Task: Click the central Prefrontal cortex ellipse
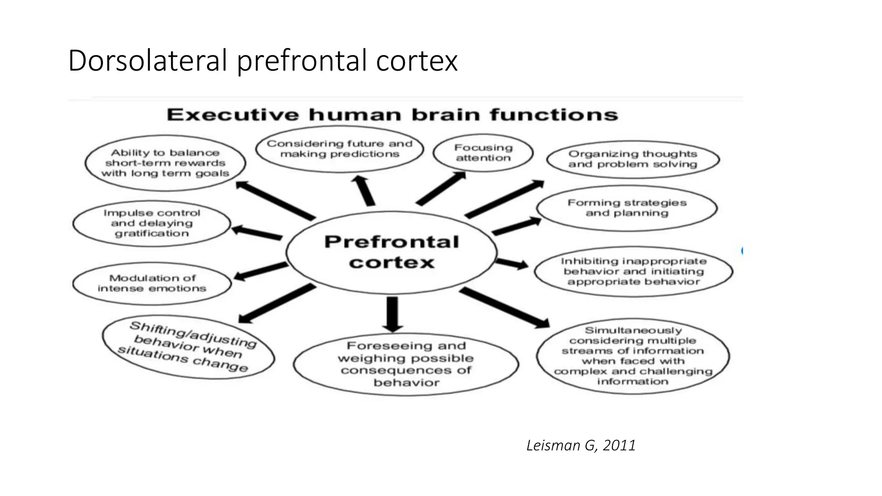pyautogui.click(x=391, y=252)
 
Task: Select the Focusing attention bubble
pyautogui.click(x=483, y=153)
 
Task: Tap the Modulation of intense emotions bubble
pyautogui.click(x=152, y=283)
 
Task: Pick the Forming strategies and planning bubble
pyautogui.click(x=627, y=208)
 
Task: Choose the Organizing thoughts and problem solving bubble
pyautogui.click(x=633, y=159)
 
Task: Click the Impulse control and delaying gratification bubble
pyautogui.click(x=152, y=223)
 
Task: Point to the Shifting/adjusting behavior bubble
pyautogui.click(x=188, y=347)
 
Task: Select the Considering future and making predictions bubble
pyautogui.click(x=339, y=149)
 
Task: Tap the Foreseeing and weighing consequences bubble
pyautogui.click(x=406, y=364)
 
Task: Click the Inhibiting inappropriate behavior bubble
pyautogui.click(x=634, y=271)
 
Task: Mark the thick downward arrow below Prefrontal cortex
pyautogui.click(x=392, y=313)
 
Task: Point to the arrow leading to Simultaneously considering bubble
pyautogui.click(x=504, y=307)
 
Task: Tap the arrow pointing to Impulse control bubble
pyautogui.click(x=257, y=232)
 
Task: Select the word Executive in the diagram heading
pyautogui.click(x=233, y=115)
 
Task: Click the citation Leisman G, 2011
pyautogui.click(x=581, y=445)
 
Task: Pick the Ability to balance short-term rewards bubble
pyautogui.click(x=165, y=163)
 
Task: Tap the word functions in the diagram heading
pyautogui.click(x=553, y=115)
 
